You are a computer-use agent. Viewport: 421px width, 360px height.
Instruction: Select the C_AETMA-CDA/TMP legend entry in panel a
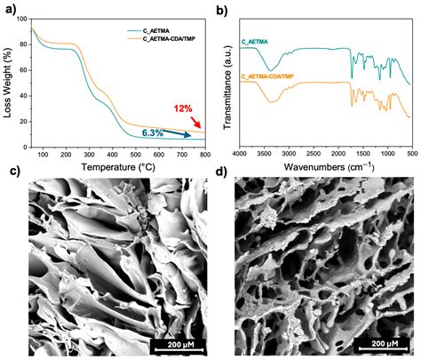click(x=156, y=39)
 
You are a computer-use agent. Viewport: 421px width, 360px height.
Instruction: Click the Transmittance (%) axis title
click(x=226, y=83)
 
